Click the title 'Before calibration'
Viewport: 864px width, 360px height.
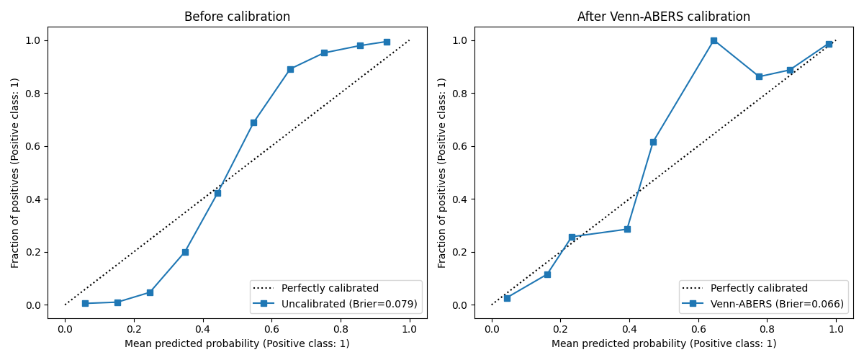coord(237,17)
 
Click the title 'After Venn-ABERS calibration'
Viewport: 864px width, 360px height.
coord(664,17)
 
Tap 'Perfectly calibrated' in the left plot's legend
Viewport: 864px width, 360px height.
coord(330,288)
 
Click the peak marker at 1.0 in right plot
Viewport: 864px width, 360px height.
coord(714,40)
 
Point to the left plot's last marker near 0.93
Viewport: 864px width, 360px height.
coord(387,42)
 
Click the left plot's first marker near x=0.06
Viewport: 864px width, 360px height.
coord(85,303)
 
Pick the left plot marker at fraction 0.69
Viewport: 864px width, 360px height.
coord(253,122)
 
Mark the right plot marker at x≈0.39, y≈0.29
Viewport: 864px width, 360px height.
coord(627,229)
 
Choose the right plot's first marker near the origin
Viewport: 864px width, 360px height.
coord(507,298)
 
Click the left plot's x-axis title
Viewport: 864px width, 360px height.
coord(237,343)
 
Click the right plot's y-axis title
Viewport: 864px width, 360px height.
coord(442,173)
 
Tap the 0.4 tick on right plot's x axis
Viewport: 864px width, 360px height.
coord(629,329)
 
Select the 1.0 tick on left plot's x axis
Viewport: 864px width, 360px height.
coord(409,329)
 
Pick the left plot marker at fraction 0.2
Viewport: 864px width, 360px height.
coord(185,252)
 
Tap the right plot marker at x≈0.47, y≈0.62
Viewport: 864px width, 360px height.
coord(653,142)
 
